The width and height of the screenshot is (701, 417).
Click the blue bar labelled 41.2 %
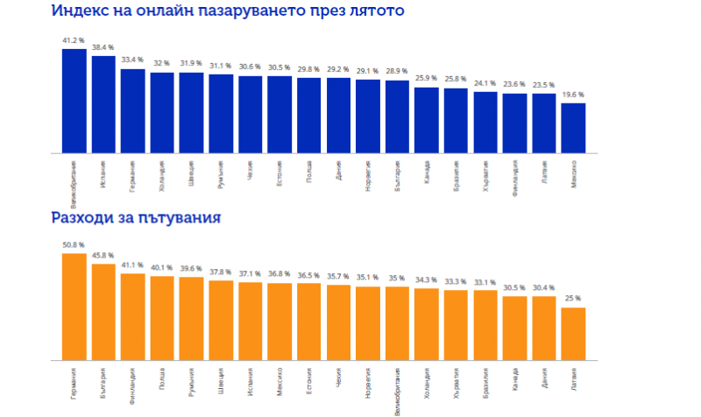(74, 101)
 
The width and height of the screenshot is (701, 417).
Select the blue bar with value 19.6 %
(573, 128)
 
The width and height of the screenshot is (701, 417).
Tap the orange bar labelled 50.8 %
(74, 307)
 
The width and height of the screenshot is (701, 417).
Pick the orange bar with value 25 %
(573, 334)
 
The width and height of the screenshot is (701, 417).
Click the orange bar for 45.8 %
(103, 312)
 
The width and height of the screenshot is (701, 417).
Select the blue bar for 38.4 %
(103, 104)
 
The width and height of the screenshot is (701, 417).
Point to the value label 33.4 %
(133, 60)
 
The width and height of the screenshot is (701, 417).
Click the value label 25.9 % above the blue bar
(427, 79)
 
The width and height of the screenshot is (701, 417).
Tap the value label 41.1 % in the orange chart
(133, 265)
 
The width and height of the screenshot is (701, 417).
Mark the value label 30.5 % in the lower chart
(514, 287)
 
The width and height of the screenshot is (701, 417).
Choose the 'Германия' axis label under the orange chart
(74, 385)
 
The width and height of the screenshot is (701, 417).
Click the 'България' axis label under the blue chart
(397, 174)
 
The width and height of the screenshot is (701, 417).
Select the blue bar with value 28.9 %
(397, 117)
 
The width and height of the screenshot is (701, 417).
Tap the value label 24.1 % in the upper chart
(485, 83)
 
